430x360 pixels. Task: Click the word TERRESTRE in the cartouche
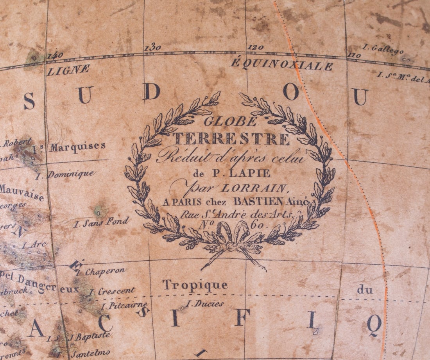231,138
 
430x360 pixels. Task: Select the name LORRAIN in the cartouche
254,188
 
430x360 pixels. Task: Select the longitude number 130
152,48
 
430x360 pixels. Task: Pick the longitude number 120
256,47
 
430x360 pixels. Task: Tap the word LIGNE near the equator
68,70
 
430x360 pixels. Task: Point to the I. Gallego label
377,48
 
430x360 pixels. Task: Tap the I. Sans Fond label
101,222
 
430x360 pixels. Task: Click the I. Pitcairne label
124,305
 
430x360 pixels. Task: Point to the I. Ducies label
204,303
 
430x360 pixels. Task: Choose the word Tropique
195,285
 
